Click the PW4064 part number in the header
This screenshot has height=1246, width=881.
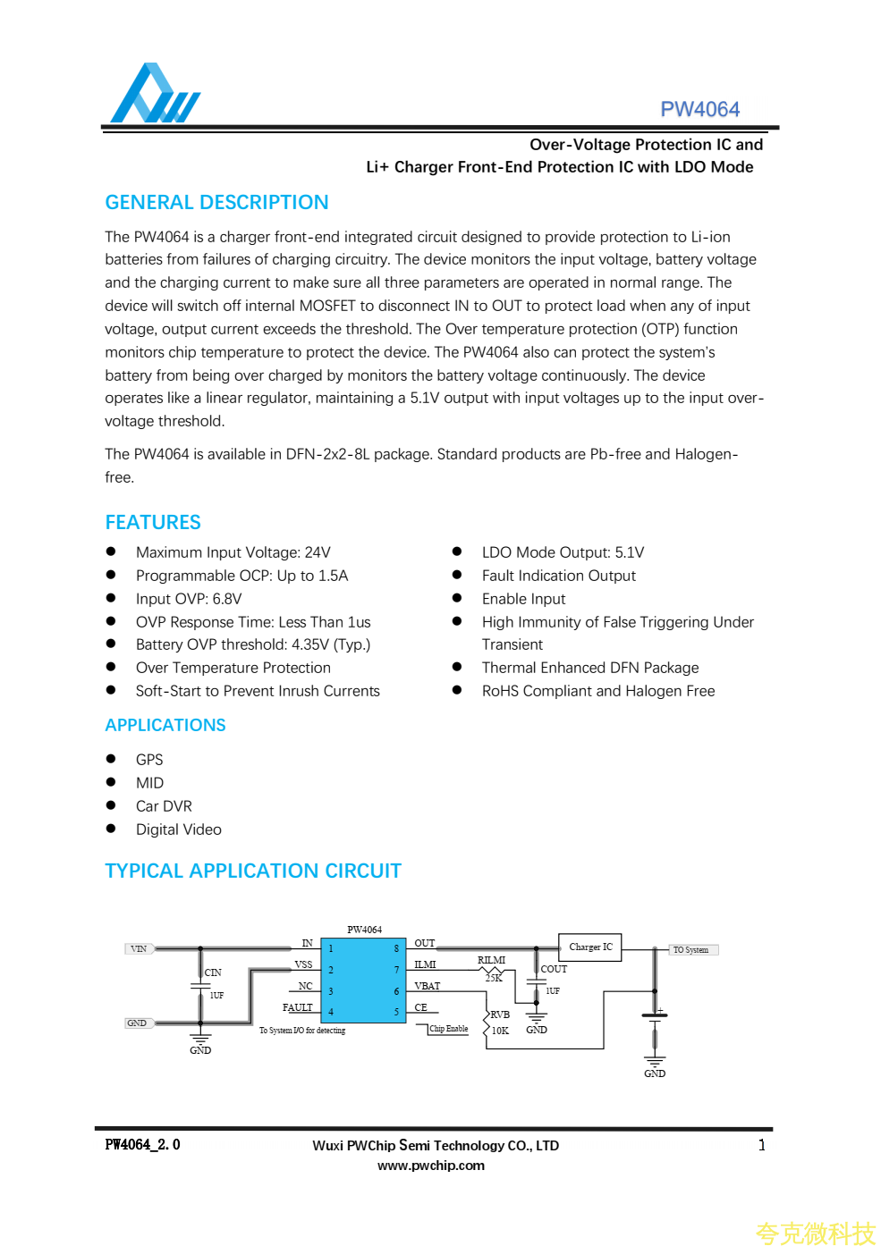(x=699, y=109)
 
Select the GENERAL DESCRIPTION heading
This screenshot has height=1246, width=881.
(x=216, y=203)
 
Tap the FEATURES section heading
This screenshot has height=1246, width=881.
(x=153, y=522)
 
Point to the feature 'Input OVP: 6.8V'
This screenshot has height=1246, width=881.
(x=189, y=599)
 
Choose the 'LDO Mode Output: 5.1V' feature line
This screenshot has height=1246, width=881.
(x=563, y=552)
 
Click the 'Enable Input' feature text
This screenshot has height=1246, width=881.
(x=523, y=599)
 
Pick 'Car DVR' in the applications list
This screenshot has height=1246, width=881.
(x=164, y=806)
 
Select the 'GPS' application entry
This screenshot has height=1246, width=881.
(x=149, y=760)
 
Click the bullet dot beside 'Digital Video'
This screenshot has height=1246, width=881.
(x=111, y=829)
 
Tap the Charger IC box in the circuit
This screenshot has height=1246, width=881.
(x=590, y=947)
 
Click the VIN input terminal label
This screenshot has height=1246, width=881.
(x=139, y=949)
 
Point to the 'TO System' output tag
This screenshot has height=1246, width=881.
(x=691, y=950)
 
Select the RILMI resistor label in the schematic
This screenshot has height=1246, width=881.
(x=491, y=960)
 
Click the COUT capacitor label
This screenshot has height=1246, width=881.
(x=554, y=969)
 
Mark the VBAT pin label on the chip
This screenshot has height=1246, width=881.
(x=428, y=986)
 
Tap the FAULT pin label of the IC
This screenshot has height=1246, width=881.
(x=298, y=1007)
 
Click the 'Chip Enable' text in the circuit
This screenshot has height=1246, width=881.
(x=449, y=1029)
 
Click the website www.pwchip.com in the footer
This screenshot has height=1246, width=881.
(x=431, y=1166)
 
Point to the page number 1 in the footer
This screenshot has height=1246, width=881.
(x=761, y=1145)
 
